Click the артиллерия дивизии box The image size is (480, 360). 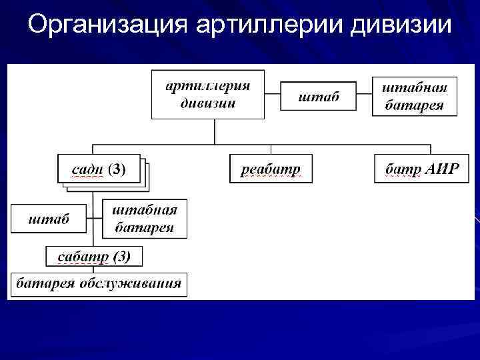click(208, 94)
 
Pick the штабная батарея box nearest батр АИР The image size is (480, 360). click(414, 97)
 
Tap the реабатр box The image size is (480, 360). click(270, 169)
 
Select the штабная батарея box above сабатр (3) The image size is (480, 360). click(145, 218)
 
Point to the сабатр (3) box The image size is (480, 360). click(93, 256)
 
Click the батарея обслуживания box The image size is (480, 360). click(99, 283)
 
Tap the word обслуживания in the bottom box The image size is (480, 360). click(130, 283)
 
